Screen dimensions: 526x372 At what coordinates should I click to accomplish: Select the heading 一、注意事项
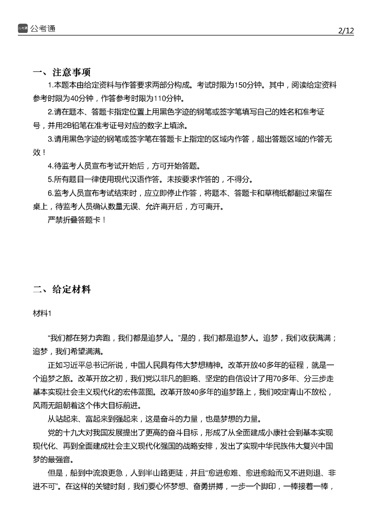coord(62,72)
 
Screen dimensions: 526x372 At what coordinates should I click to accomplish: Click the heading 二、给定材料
coord(62,290)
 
